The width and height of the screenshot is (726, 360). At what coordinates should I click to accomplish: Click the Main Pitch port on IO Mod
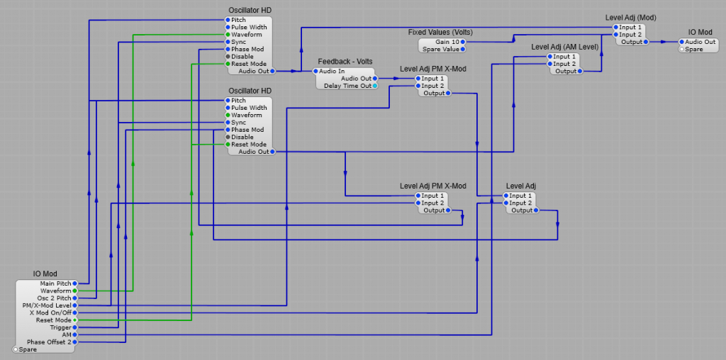click(x=75, y=283)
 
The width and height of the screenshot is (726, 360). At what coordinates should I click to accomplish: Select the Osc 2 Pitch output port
click(x=75, y=298)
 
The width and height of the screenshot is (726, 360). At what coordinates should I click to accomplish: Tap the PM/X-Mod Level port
click(x=75, y=305)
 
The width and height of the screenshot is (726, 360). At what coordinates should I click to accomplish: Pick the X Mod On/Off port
click(x=75, y=313)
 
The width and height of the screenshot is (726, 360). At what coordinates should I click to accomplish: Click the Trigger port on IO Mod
click(x=75, y=327)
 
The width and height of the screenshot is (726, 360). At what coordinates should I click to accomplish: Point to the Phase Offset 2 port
click(x=75, y=342)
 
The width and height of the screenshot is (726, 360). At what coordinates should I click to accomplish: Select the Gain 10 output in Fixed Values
click(x=463, y=42)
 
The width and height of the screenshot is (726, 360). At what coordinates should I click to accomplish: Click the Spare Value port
click(x=463, y=50)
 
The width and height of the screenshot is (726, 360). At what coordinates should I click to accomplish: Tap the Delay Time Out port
click(x=375, y=86)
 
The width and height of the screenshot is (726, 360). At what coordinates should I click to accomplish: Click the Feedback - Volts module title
click(x=345, y=62)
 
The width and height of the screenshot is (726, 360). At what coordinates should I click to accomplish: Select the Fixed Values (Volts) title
click(x=440, y=33)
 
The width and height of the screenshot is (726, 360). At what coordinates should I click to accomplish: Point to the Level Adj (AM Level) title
click(x=564, y=47)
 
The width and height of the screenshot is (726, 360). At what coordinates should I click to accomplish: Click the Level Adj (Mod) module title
click(x=630, y=18)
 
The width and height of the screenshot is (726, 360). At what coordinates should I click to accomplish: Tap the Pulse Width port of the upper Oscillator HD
click(x=228, y=27)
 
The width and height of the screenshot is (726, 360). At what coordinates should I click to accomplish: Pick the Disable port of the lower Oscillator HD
click(x=228, y=137)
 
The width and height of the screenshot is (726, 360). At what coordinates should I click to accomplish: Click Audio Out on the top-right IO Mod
click(x=681, y=42)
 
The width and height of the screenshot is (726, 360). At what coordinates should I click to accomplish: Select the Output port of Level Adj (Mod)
click(x=645, y=42)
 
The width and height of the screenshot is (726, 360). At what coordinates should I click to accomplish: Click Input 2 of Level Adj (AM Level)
click(x=550, y=64)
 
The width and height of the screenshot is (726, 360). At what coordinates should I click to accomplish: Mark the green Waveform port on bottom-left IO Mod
click(x=75, y=291)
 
